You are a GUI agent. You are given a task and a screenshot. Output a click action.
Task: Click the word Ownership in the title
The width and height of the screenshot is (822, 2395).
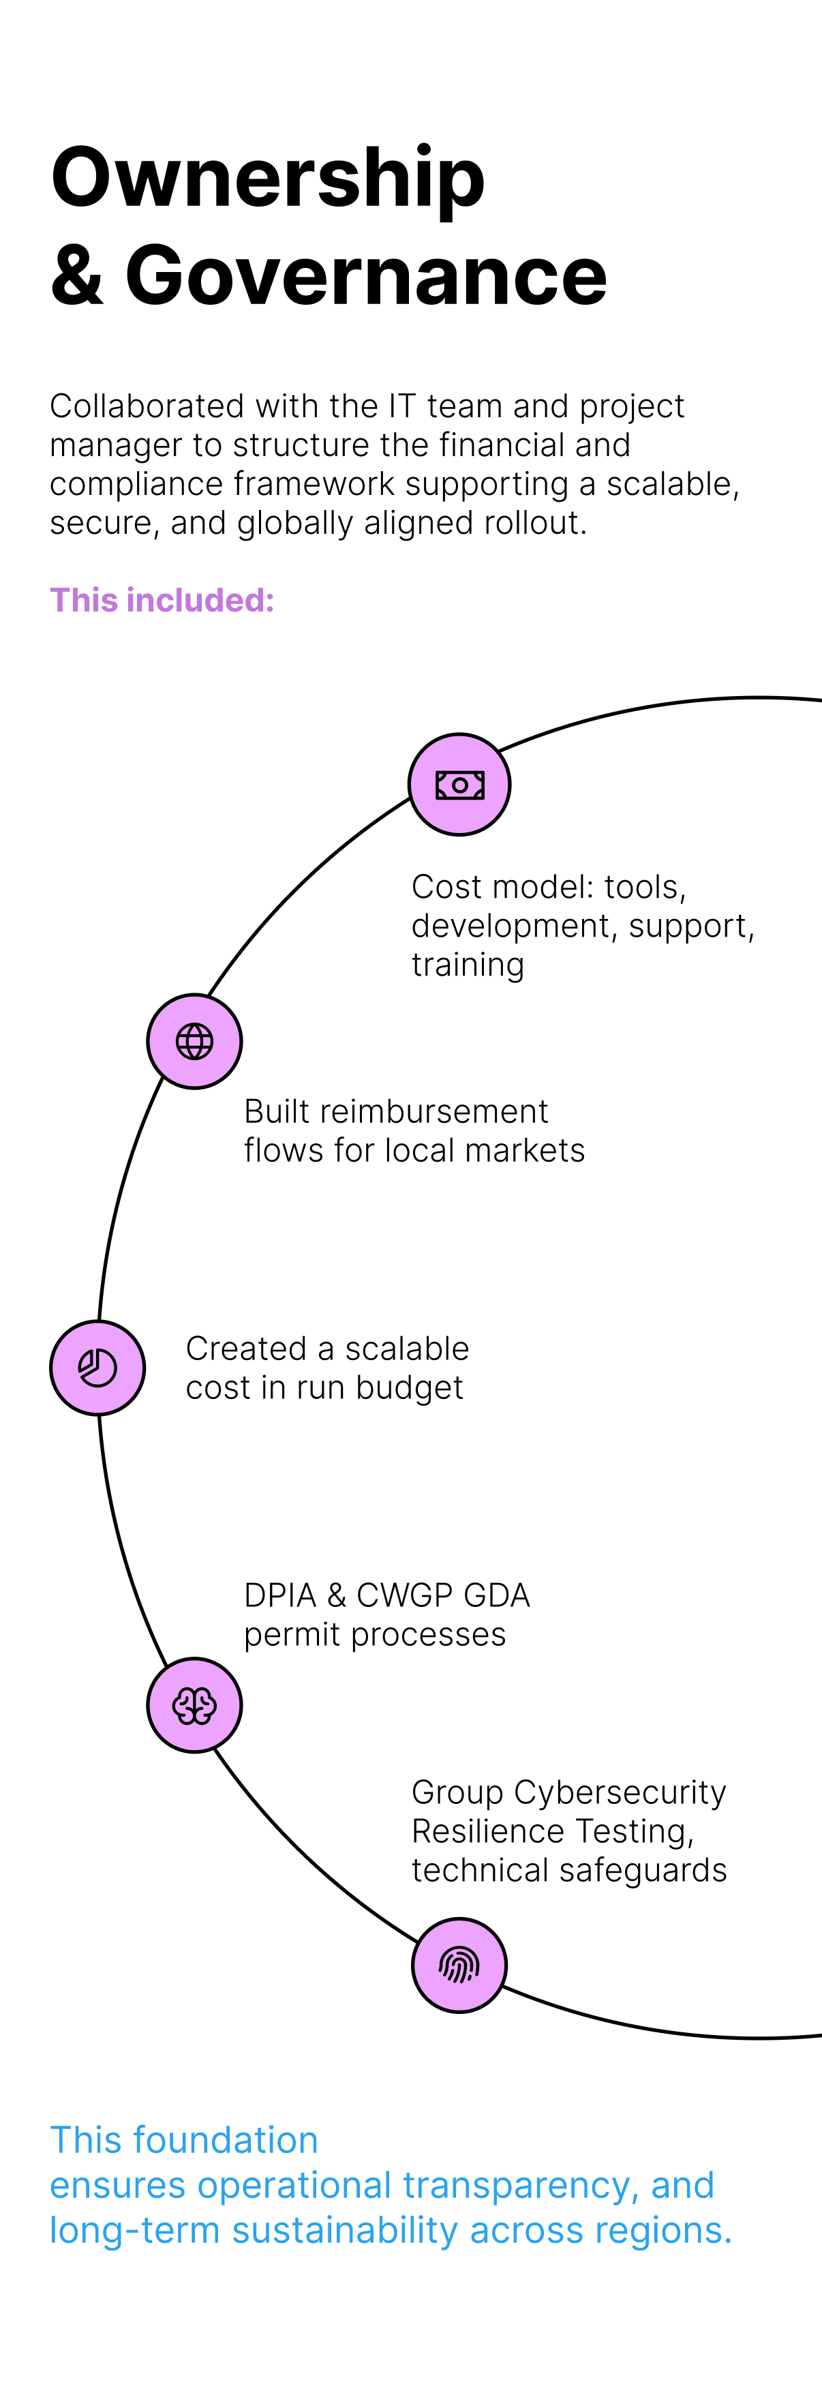(x=268, y=179)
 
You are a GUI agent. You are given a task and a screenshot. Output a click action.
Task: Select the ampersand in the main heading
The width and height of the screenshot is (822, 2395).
(x=76, y=275)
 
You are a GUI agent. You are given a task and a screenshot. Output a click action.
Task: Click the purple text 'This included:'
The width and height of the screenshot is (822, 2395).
(x=162, y=601)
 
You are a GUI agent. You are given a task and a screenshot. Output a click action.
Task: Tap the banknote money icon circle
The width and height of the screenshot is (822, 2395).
(x=459, y=785)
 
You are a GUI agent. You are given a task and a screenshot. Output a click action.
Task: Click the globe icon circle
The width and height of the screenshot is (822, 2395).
(x=194, y=1041)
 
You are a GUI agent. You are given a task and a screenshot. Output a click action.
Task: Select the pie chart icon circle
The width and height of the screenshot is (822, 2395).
(x=97, y=1368)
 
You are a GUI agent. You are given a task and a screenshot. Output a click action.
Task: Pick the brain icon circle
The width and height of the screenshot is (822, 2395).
(x=194, y=1705)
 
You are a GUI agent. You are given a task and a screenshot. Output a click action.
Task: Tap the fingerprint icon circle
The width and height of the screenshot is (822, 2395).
(x=459, y=1965)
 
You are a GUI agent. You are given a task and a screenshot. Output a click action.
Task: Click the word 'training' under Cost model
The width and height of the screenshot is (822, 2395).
(x=468, y=965)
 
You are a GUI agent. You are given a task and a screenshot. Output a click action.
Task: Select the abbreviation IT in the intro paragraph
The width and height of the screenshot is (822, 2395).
(x=403, y=406)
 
